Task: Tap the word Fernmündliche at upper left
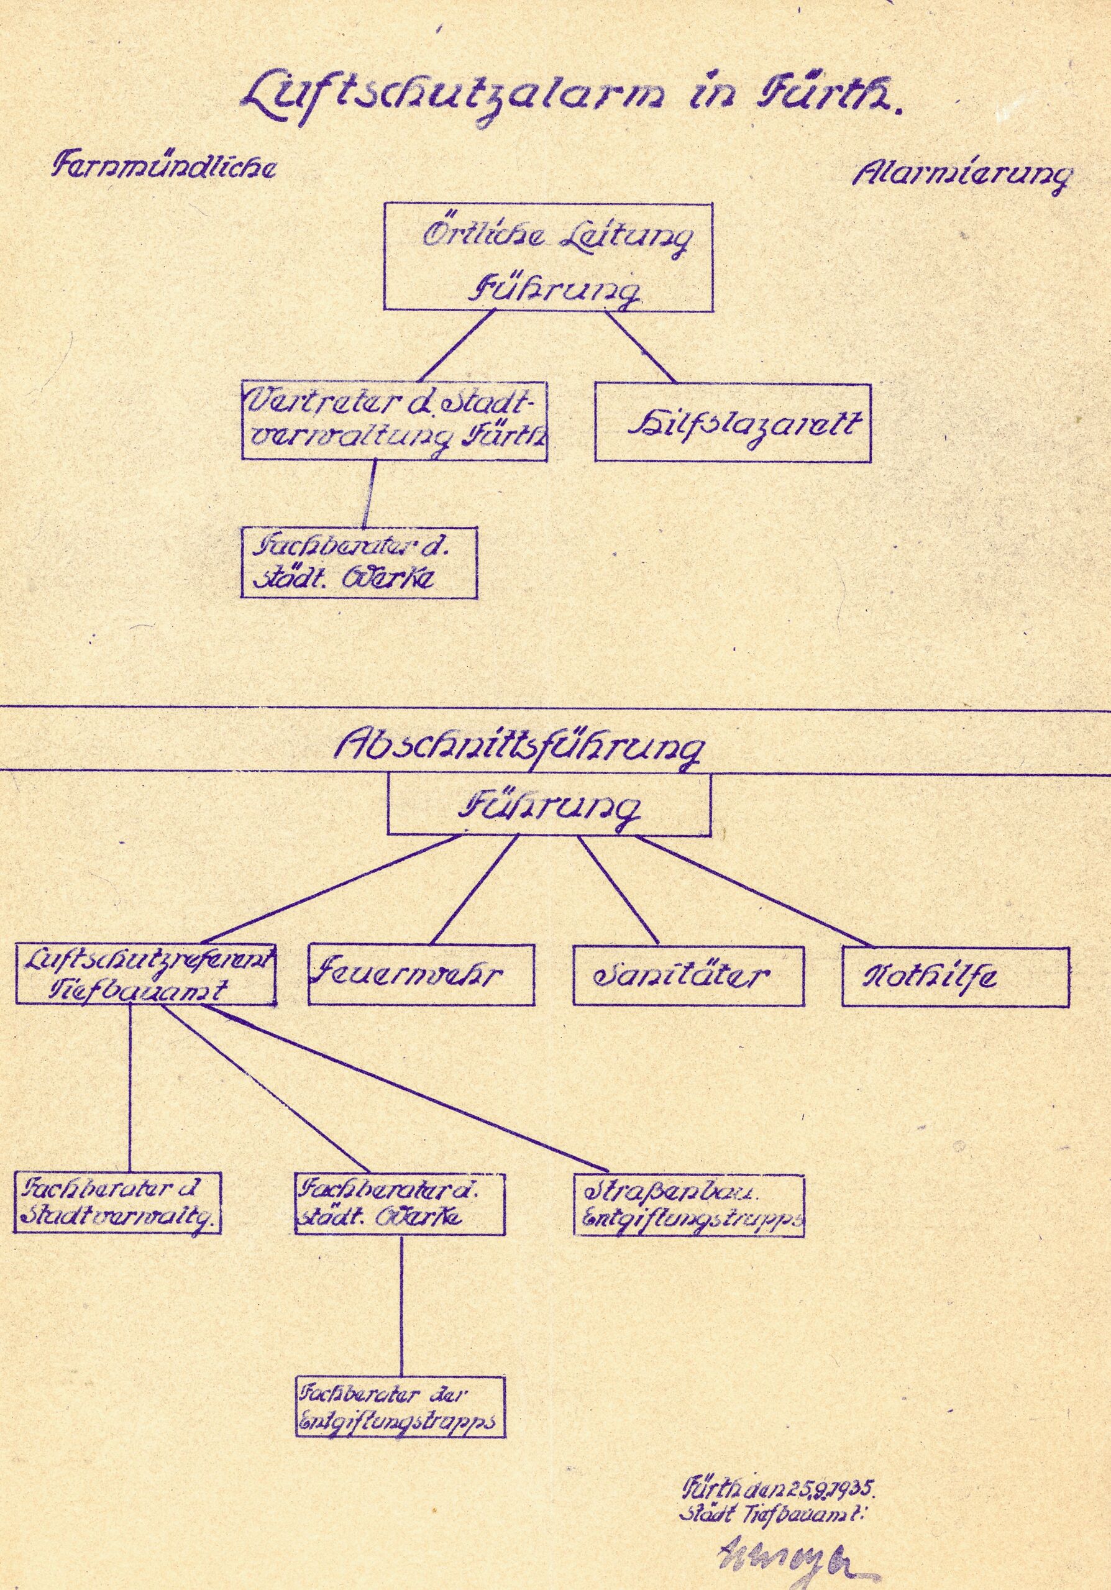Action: coord(164,167)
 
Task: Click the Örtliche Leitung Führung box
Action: coord(549,255)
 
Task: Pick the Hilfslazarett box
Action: coord(733,421)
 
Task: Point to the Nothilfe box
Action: coord(955,977)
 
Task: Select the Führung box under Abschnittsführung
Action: coord(549,804)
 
